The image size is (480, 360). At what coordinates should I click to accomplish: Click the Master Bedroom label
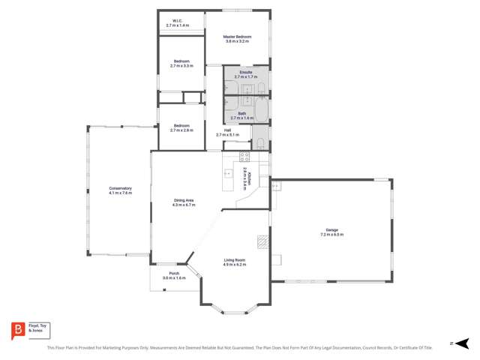(x=238, y=37)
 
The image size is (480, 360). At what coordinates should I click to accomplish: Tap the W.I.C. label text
(x=178, y=21)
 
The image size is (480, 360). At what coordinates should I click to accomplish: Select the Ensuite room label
(x=245, y=73)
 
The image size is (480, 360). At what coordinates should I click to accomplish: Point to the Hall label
(x=227, y=130)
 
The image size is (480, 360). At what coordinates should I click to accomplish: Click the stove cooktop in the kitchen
(x=244, y=157)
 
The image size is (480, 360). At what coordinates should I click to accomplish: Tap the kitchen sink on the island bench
(x=229, y=174)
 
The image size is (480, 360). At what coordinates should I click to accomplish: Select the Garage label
(x=331, y=230)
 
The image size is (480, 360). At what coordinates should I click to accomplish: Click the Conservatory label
(x=120, y=188)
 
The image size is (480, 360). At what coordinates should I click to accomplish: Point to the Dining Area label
(x=184, y=200)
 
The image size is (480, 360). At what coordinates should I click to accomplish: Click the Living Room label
(x=234, y=260)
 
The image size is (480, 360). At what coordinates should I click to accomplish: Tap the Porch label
(x=173, y=273)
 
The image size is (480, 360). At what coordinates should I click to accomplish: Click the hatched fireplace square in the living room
(x=262, y=241)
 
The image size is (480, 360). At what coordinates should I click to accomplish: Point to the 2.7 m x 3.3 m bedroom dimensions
(x=181, y=66)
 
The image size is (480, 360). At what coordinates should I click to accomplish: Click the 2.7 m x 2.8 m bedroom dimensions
(x=181, y=130)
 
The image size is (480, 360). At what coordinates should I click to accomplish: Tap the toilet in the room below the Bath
(x=258, y=143)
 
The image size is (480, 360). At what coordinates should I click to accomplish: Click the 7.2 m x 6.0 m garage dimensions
(x=331, y=235)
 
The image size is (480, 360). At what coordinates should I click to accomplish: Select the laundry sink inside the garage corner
(x=276, y=186)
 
